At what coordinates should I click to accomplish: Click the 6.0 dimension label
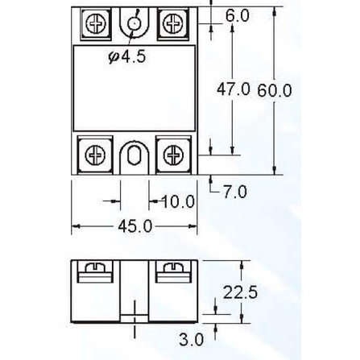point(238,15)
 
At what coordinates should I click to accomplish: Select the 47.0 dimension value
point(234,89)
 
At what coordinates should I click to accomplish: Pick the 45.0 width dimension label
point(134,226)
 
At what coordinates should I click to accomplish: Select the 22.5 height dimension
point(240,293)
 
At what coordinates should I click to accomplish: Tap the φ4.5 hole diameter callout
point(126,57)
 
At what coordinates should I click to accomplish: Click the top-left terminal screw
point(97,24)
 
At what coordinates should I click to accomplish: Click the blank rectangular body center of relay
point(134,90)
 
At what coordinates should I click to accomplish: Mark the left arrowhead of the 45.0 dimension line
point(75,228)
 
